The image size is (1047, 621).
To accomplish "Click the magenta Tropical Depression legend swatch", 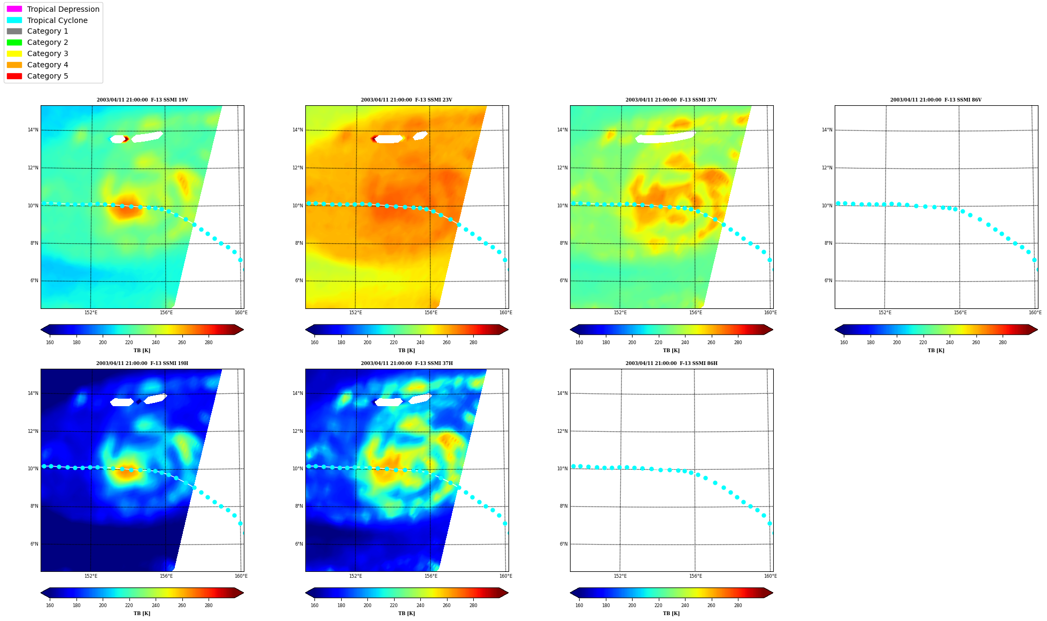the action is click(x=14, y=9).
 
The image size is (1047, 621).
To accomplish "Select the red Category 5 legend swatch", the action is click(x=14, y=76).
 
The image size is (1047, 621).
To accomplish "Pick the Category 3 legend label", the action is click(x=48, y=53).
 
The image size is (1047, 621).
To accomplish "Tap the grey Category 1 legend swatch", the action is click(x=14, y=32).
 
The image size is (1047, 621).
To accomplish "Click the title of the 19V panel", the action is click(x=142, y=100).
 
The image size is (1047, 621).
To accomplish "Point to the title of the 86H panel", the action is click(x=672, y=363).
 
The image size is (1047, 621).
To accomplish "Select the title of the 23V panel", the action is click(x=406, y=100).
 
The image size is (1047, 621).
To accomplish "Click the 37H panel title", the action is click(x=406, y=363).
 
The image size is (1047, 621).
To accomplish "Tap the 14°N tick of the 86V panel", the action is click(x=827, y=130).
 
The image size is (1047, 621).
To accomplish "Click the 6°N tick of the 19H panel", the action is click(x=34, y=544).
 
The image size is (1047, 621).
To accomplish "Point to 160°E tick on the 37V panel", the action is click(x=770, y=313).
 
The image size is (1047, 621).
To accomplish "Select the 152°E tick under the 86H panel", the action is click(x=620, y=576).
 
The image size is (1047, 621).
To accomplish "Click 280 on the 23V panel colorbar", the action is click(x=473, y=343).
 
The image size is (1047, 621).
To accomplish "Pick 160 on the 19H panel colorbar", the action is click(x=50, y=606).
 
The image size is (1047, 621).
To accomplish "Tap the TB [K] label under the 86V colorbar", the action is click(x=936, y=351).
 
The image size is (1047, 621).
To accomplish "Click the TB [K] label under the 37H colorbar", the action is click(x=406, y=614).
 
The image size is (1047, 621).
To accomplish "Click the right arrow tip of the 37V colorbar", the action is click(x=773, y=330).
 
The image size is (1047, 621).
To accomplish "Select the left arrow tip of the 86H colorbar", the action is click(x=571, y=593).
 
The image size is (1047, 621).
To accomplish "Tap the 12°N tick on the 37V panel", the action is click(x=563, y=168).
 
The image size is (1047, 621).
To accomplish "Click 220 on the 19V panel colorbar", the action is click(x=129, y=343).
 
